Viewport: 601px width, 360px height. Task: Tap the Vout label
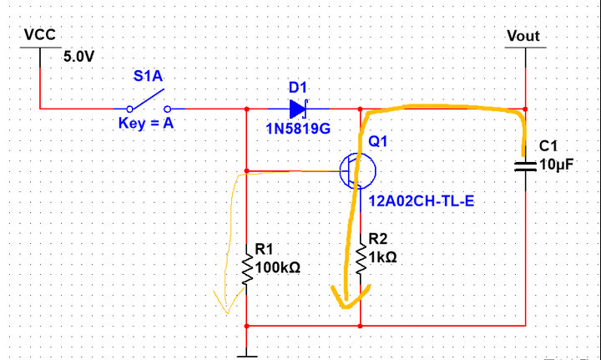click(x=523, y=36)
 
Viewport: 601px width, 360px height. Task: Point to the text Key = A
click(x=147, y=129)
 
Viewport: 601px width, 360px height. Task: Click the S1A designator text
click(x=149, y=77)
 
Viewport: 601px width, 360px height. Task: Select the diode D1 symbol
click(x=299, y=109)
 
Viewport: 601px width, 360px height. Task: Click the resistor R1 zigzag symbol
click(x=247, y=269)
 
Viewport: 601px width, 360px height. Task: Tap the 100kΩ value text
click(x=277, y=268)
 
